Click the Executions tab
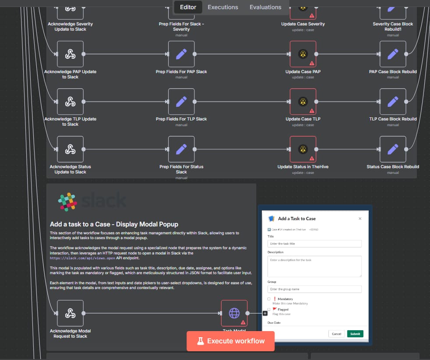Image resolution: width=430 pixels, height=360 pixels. (223, 7)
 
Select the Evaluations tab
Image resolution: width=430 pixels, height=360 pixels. (265, 7)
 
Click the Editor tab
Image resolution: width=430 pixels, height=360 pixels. (188, 7)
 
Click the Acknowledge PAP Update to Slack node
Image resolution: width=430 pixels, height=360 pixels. (70, 54)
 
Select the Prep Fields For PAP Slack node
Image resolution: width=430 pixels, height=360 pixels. (181, 54)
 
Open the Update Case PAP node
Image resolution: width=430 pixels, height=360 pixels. (303, 54)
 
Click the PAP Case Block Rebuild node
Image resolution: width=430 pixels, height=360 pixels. (393, 54)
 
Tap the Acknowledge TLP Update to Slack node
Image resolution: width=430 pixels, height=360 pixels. (70, 102)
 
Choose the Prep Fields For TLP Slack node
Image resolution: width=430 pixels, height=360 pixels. (181, 102)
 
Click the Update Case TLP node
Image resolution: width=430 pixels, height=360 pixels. (303, 102)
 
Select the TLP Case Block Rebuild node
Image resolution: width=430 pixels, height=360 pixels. (393, 102)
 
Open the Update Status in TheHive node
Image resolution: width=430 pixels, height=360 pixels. (303, 149)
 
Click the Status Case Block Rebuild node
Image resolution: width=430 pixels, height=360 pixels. (393, 149)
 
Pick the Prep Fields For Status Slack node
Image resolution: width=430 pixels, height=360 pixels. (181, 149)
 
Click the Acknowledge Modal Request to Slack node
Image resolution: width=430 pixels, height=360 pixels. (70, 313)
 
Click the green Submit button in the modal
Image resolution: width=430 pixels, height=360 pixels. (355, 334)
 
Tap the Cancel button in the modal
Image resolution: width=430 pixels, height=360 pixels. (336, 334)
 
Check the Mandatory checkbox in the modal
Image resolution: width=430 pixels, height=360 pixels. (269, 299)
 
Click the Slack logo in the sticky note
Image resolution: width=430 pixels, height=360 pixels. (68, 202)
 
